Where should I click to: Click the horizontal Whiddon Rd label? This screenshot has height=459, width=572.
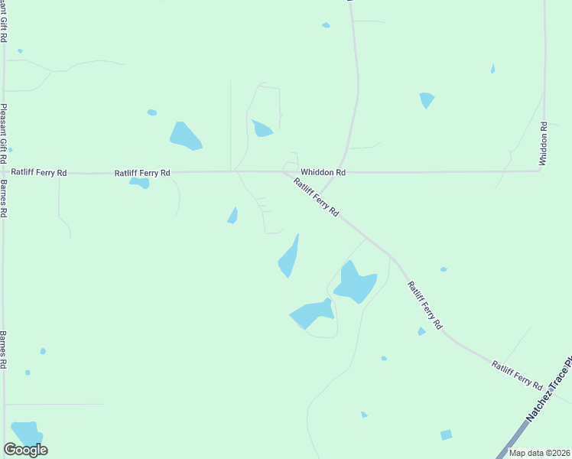click(x=323, y=173)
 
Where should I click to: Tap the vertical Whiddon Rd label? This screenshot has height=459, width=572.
click(x=543, y=144)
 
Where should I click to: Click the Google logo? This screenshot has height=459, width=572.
click(x=25, y=450)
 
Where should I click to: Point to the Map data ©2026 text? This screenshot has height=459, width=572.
click(x=539, y=453)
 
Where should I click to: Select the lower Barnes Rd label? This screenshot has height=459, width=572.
click(x=4, y=350)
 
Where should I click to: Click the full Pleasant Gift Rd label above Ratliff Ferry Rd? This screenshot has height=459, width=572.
click(x=4, y=132)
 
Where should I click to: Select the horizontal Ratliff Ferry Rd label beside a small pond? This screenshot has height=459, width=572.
click(x=142, y=173)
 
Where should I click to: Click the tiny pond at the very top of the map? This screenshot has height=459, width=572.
click(x=326, y=25)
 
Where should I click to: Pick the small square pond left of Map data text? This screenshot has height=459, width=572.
click(x=447, y=435)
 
